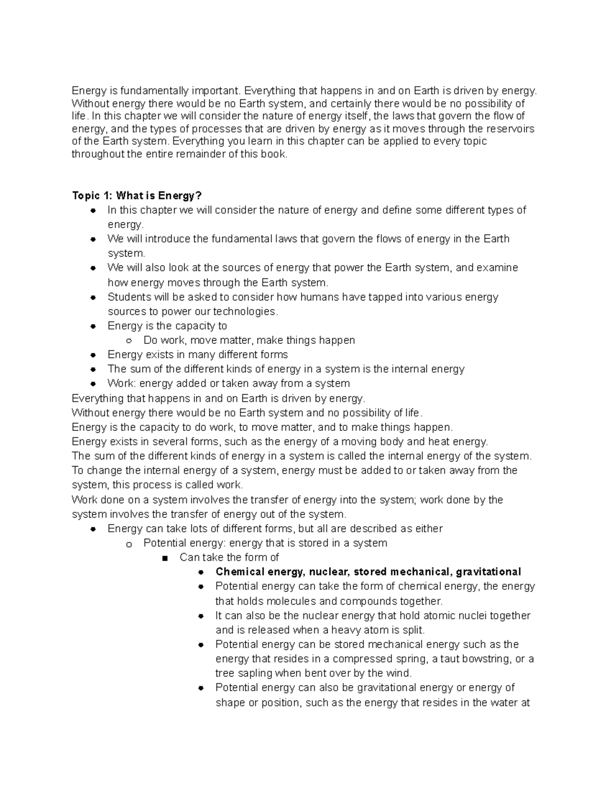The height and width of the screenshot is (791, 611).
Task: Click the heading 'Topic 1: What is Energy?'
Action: click(137, 196)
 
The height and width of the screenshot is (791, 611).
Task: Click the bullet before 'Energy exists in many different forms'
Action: click(93, 355)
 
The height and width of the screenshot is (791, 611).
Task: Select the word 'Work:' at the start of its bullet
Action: click(122, 383)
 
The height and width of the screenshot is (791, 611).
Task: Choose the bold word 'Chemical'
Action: click(238, 571)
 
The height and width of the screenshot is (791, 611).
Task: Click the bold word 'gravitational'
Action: click(488, 571)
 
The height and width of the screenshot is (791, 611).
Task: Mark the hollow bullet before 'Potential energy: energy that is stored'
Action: click(129, 543)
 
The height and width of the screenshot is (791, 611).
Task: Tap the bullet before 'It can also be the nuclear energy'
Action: click(201, 616)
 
